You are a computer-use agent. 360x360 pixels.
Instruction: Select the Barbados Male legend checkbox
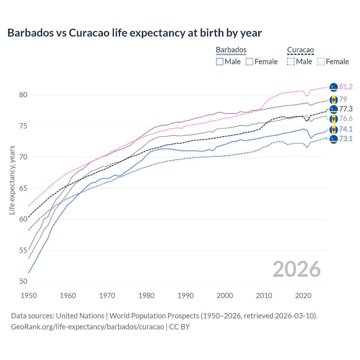[x=220, y=62]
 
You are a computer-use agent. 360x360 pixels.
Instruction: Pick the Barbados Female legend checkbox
[x=249, y=62]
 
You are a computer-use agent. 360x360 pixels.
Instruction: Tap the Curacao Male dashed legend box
[x=291, y=62]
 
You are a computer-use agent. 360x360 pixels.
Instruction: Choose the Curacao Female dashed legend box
[x=321, y=62]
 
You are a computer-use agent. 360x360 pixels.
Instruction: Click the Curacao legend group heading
[x=300, y=50]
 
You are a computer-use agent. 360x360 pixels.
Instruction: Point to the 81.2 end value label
[x=346, y=87]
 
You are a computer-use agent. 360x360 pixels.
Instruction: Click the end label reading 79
[x=343, y=99]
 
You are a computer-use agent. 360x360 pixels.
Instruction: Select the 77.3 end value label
[x=346, y=109]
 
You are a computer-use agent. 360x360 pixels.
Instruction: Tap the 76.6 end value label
[x=346, y=119]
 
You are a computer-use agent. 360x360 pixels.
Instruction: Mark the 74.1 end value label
[x=346, y=129]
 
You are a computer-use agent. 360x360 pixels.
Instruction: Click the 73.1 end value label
[x=346, y=139]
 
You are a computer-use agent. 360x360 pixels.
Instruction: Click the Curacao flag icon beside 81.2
[x=334, y=87]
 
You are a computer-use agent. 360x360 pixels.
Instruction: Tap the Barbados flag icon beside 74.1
[x=334, y=129]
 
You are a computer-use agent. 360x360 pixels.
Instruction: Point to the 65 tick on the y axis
[x=23, y=188]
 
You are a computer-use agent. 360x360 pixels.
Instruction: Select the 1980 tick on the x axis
[x=146, y=296]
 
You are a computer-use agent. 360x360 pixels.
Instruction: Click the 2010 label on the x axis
[x=264, y=296]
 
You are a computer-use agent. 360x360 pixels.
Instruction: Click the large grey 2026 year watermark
[x=296, y=269]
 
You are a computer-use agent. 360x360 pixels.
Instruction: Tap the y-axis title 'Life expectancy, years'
[x=12, y=180]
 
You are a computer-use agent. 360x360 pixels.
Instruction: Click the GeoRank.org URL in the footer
[x=87, y=327]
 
